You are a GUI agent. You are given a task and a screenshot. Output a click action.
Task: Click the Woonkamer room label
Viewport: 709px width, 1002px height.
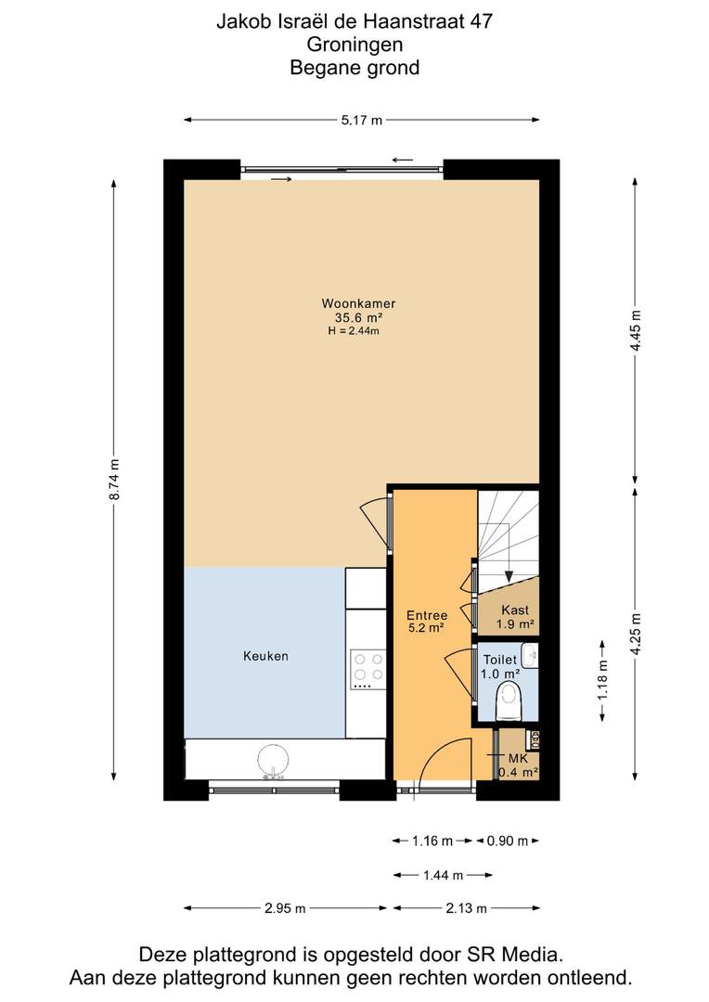(x=358, y=303)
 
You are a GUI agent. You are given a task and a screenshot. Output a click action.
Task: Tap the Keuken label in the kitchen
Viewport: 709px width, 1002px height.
(x=265, y=656)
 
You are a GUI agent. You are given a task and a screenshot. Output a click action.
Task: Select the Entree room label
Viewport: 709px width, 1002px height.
(x=427, y=615)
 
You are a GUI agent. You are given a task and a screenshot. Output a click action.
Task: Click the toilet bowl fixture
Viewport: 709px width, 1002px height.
(x=509, y=700)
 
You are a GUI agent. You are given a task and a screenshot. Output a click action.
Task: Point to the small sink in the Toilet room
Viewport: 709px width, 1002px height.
(x=530, y=655)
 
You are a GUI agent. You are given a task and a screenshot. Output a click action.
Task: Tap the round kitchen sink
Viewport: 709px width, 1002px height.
(x=275, y=761)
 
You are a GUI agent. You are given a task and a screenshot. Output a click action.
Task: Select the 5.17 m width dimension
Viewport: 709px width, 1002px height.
(x=362, y=120)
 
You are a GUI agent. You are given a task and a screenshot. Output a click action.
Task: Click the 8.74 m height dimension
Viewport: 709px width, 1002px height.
(x=114, y=480)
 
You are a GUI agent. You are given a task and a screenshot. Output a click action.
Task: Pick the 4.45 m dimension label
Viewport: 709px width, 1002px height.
(x=636, y=329)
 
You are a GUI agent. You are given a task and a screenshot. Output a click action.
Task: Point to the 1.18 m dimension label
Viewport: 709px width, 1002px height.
(x=603, y=680)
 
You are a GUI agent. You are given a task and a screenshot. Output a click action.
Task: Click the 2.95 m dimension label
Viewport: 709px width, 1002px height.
(x=285, y=908)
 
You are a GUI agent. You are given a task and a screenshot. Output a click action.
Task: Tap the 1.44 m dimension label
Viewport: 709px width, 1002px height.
(x=443, y=875)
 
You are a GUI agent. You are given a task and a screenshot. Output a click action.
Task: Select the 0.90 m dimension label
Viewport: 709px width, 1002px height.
(x=508, y=841)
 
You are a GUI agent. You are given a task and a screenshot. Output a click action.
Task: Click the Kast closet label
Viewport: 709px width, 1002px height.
(x=515, y=610)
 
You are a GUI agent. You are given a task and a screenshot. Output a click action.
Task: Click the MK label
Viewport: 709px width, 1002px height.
(x=518, y=759)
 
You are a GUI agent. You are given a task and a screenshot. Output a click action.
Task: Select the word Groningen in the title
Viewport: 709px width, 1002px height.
(x=354, y=45)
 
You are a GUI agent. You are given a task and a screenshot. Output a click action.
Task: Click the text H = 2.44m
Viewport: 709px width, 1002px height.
(x=354, y=331)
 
